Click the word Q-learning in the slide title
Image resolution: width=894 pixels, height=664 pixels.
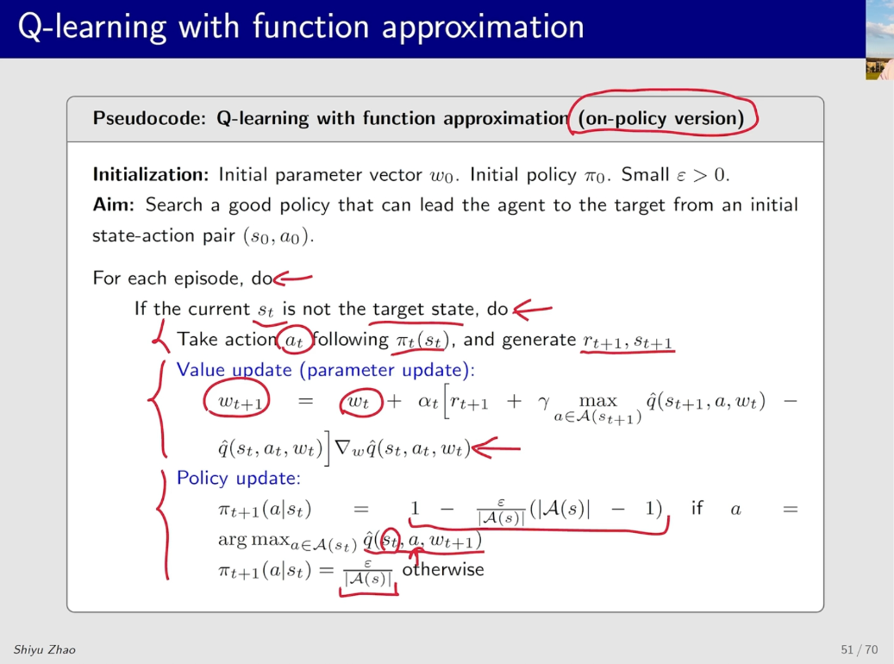click(x=91, y=28)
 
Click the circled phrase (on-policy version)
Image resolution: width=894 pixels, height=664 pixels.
click(x=661, y=118)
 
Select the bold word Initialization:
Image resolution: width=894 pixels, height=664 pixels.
click(x=151, y=174)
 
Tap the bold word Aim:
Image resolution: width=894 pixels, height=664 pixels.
click(x=113, y=204)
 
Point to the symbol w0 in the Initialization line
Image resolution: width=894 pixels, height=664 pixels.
click(x=442, y=176)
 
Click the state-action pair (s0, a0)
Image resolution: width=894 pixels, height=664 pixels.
click(x=278, y=235)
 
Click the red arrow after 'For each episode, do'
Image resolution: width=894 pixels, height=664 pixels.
click(x=292, y=279)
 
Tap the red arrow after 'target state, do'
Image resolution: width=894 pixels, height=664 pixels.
click(x=533, y=310)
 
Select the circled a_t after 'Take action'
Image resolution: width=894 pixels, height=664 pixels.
click(x=294, y=341)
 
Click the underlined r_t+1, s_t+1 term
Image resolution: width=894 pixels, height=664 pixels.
click(x=628, y=341)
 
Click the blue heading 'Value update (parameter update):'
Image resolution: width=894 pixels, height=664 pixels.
click(x=326, y=370)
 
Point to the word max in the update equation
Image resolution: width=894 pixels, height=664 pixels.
click(x=597, y=401)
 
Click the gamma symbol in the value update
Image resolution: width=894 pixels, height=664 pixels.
click(x=544, y=403)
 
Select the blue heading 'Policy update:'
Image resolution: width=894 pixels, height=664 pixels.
click(x=238, y=478)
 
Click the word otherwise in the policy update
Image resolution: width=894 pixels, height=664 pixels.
click(x=443, y=569)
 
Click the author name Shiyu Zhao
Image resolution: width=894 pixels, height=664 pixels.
click(x=45, y=649)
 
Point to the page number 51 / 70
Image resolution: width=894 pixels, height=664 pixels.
click(x=860, y=649)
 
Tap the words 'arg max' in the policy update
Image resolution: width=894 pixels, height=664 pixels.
click(x=253, y=540)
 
